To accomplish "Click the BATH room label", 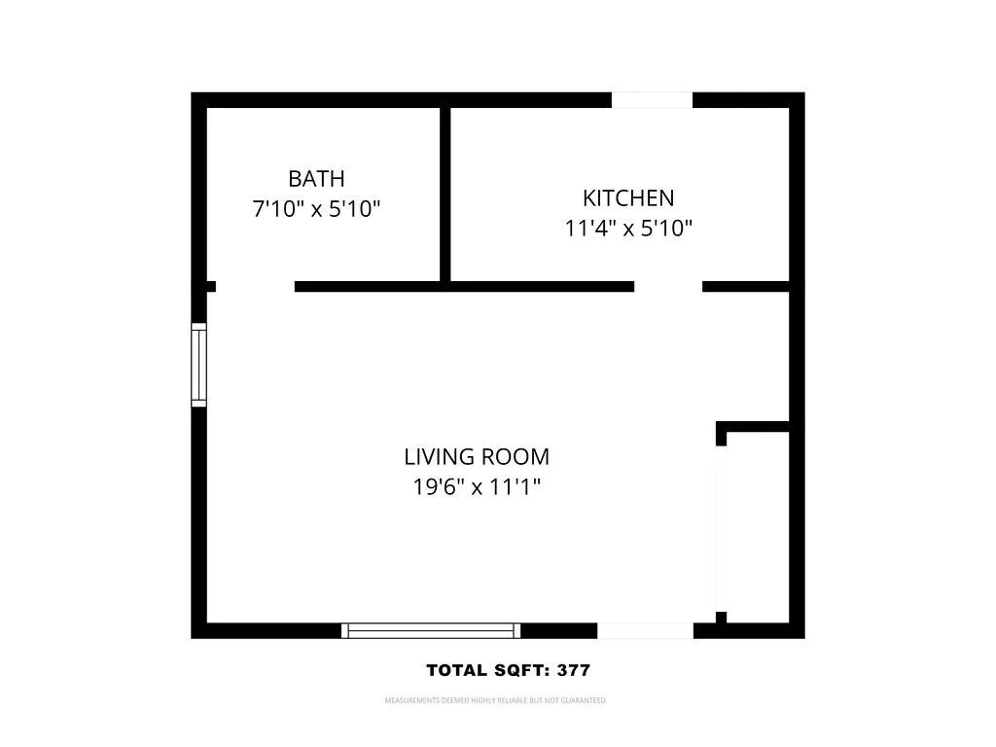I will coord(316,179).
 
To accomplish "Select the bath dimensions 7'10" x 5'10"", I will coord(316,209).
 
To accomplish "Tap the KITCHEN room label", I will coord(627,198).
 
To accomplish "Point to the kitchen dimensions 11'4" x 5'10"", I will coord(627,229).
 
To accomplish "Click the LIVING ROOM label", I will coord(477,456).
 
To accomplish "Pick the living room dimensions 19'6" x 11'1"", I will coord(477,486).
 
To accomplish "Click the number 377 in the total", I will coord(573,670).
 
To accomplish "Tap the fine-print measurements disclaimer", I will coord(496,700).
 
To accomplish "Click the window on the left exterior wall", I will coord(199,365).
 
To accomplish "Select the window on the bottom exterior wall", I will coord(431,631).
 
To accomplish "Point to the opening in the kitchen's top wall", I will coord(652,99).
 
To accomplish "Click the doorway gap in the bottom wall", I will coord(645,631).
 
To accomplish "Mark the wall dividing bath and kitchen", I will coord(445,195).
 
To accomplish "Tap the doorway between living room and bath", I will coord(255,287).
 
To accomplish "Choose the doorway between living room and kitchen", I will coord(668,287).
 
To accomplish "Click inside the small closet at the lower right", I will coord(757,525).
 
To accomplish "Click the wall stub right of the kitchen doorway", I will coord(745,287).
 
